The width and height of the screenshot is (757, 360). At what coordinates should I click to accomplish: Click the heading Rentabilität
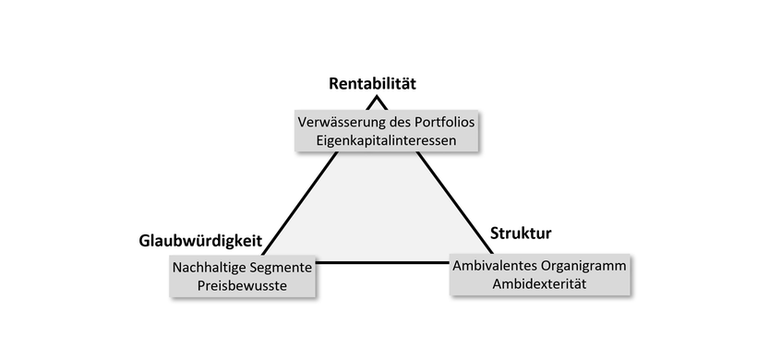(373, 84)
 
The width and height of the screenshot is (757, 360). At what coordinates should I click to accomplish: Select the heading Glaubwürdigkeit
(200, 241)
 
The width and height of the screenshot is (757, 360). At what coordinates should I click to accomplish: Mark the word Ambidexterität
(540, 284)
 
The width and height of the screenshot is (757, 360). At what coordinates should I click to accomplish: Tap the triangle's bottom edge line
(383, 262)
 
